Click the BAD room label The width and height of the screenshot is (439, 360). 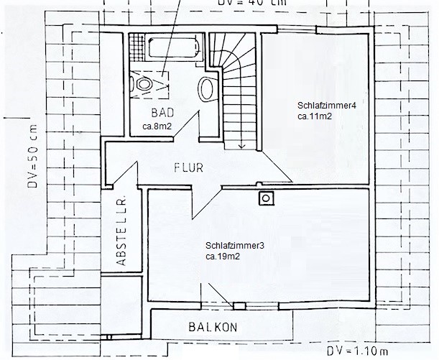coord(162,113)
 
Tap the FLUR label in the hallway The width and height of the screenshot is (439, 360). coord(188,167)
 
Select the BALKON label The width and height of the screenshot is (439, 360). coord(213,327)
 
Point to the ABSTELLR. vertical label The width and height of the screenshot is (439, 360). coord(121,232)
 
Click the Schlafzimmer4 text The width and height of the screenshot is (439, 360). coord(326,106)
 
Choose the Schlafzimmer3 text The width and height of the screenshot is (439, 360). coord(235,246)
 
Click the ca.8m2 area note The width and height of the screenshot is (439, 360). coord(157,126)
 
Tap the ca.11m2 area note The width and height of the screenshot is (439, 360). coord(315,116)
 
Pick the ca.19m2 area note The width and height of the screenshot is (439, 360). coord(223,257)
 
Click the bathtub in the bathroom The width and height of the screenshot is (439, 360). coord(174,48)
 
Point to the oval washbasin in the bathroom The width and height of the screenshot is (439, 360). coord(207,89)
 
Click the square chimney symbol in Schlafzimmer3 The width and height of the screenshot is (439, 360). coord(267,198)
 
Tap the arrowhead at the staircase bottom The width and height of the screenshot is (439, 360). coord(241,146)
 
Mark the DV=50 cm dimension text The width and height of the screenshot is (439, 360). coord(32,156)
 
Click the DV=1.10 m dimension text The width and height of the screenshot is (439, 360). coord(357,351)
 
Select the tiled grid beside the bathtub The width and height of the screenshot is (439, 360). coord(137,47)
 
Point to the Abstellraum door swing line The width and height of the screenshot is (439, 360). coord(125,173)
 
